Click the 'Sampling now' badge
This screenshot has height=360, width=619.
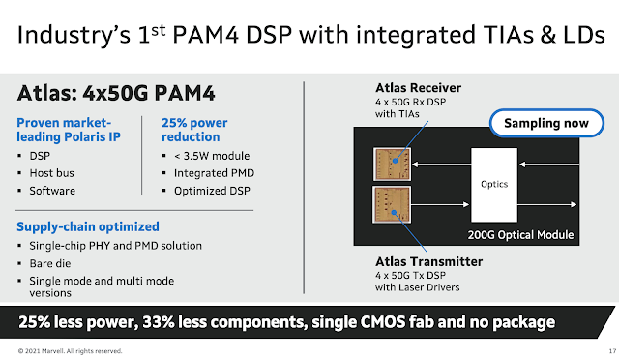[546, 123]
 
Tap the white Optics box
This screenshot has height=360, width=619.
[494, 185]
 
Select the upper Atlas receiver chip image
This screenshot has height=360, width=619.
[392, 164]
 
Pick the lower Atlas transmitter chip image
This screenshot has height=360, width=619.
[392, 205]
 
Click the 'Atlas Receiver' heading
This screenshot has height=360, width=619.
[418, 88]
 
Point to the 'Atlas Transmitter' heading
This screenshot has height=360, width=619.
[428, 261]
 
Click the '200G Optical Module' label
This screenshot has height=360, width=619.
[520, 235]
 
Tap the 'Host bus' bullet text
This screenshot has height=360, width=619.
[51, 173]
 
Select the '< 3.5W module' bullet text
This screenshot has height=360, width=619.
[212, 156]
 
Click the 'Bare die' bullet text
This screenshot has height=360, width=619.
[50, 263]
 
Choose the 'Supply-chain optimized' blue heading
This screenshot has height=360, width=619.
[88, 226]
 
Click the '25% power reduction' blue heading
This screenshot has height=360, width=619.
[194, 130]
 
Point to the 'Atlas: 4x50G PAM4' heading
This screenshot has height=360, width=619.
[116, 94]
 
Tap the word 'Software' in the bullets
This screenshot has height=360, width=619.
[52, 191]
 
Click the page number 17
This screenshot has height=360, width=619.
[612, 351]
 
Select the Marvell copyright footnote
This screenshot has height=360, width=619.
[70, 351]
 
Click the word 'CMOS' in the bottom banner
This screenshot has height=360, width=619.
[383, 322]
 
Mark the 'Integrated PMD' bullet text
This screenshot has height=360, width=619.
[215, 173]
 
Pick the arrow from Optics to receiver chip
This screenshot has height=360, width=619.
[441, 165]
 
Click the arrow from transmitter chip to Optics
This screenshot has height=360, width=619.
[441, 205]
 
